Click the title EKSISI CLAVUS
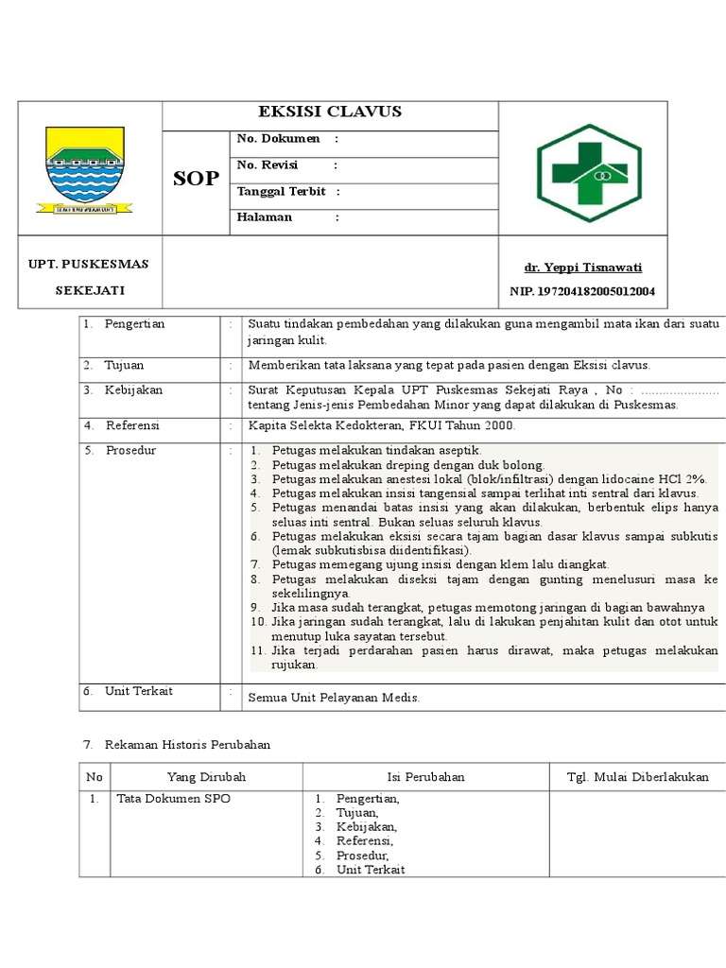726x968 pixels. tap(331, 112)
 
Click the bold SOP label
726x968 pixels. tap(197, 178)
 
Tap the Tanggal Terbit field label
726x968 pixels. tap(281, 191)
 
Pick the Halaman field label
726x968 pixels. tap(265, 217)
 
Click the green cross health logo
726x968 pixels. tap(588, 172)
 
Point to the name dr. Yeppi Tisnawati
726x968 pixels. tap(582, 268)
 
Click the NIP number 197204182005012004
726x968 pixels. tap(582, 291)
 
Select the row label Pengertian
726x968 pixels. tap(135, 323)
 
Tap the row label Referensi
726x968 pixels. tap(132, 425)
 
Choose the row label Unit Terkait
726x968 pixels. tap(139, 691)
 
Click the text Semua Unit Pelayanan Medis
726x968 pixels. tap(333, 698)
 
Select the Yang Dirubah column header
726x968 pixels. tap(206, 777)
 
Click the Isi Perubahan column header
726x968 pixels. tap(425, 777)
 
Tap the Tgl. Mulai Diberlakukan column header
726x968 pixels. tap(637, 777)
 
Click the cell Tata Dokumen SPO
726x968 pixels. tap(173, 799)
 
